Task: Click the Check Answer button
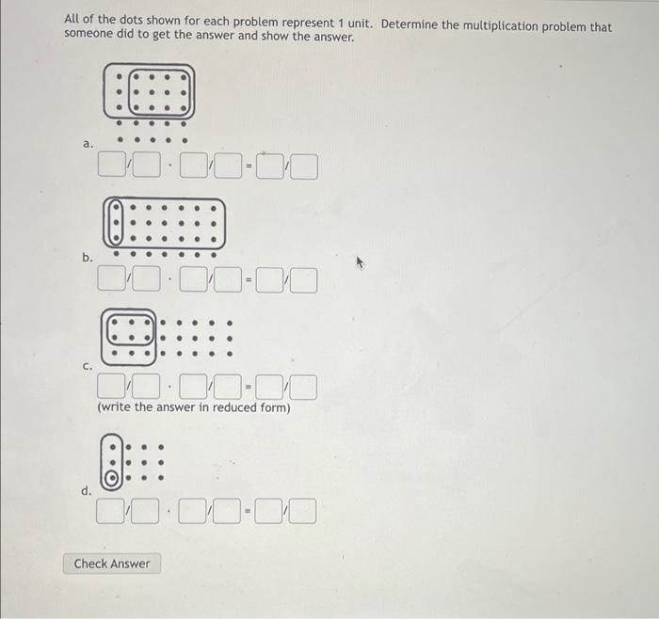point(112,563)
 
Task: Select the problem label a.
point(88,144)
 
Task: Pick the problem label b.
point(88,257)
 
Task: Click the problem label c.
point(88,367)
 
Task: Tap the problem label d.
point(88,491)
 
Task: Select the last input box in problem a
point(304,169)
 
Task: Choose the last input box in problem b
point(303,279)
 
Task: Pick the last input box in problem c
point(303,387)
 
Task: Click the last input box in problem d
point(303,513)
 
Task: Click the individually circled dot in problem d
point(111,478)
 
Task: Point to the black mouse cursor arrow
point(359,264)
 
